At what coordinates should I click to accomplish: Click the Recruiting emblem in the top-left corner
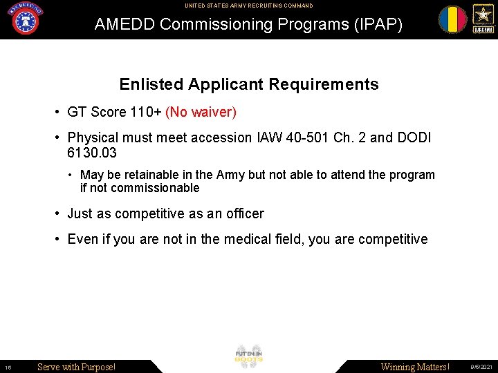point(26,19)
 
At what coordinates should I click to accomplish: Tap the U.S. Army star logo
point(482,19)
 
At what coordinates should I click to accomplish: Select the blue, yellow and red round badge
point(452,19)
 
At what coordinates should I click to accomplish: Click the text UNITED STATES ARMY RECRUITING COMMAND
point(248,6)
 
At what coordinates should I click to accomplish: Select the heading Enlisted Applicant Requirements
point(249,84)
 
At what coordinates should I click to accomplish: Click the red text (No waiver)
point(201,112)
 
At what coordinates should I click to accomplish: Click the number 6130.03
point(92,152)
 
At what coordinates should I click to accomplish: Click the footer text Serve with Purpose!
point(76,367)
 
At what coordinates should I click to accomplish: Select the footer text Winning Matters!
point(415,367)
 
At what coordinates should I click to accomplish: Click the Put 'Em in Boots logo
point(249,356)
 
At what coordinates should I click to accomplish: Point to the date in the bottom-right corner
point(481,367)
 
